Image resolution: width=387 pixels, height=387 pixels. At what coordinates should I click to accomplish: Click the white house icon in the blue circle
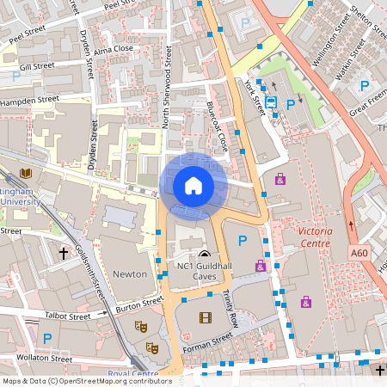[x=193, y=185]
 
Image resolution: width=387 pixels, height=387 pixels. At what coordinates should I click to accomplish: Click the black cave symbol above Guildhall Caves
[x=204, y=255]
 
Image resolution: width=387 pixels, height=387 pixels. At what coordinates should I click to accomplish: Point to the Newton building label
[x=130, y=273]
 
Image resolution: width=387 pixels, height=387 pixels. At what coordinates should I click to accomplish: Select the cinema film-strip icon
[x=205, y=317]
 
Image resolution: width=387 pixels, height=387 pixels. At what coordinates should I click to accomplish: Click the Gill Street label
[x=37, y=65]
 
